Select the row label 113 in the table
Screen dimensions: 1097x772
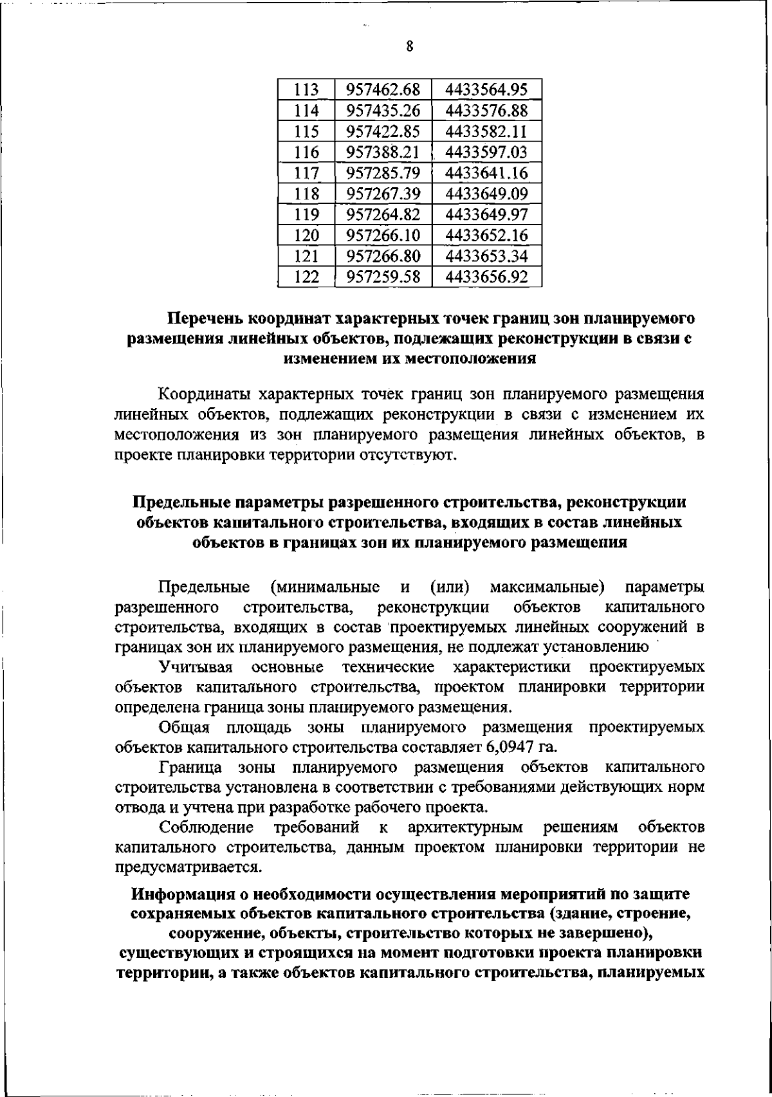click(x=306, y=91)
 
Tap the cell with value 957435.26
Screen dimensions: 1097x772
click(x=383, y=111)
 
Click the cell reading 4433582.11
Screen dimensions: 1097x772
click(x=486, y=132)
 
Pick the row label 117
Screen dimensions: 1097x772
click(x=306, y=173)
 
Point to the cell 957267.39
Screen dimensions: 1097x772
click(x=383, y=194)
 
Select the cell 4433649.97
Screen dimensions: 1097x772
click(x=486, y=214)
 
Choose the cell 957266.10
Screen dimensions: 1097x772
click(x=383, y=235)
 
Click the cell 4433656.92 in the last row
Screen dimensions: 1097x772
click(x=486, y=277)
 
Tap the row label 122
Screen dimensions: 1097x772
click(x=306, y=277)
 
